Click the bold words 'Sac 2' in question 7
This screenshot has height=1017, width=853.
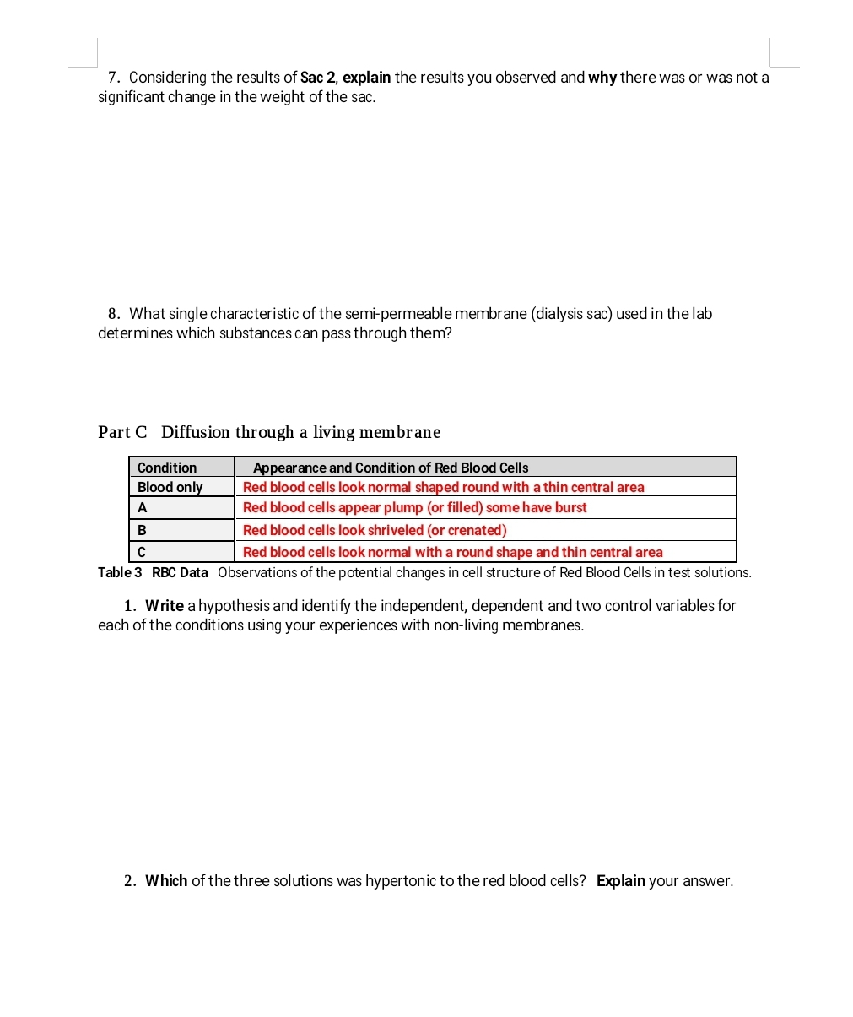pos(319,78)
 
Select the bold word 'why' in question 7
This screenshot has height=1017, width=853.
pos(602,78)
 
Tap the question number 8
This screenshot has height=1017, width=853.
pos(113,314)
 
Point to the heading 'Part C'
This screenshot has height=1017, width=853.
pos(122,432)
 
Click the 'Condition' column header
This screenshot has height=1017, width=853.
pos(167,468)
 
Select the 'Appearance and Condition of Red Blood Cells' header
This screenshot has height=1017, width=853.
pos(391,468)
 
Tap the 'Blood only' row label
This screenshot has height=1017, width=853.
pos(170,487)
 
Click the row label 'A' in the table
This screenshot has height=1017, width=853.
pos(143,507)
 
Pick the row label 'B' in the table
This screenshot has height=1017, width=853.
pos(142,530)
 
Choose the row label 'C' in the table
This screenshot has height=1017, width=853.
pos(142,552)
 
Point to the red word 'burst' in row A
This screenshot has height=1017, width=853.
pos(570,507)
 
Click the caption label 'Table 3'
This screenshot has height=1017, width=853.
pos(120,572)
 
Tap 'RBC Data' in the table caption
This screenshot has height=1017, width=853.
pos(180,572)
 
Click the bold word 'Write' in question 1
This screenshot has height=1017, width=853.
pos(165,606)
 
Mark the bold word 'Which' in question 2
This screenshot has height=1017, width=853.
pos(166,881)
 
